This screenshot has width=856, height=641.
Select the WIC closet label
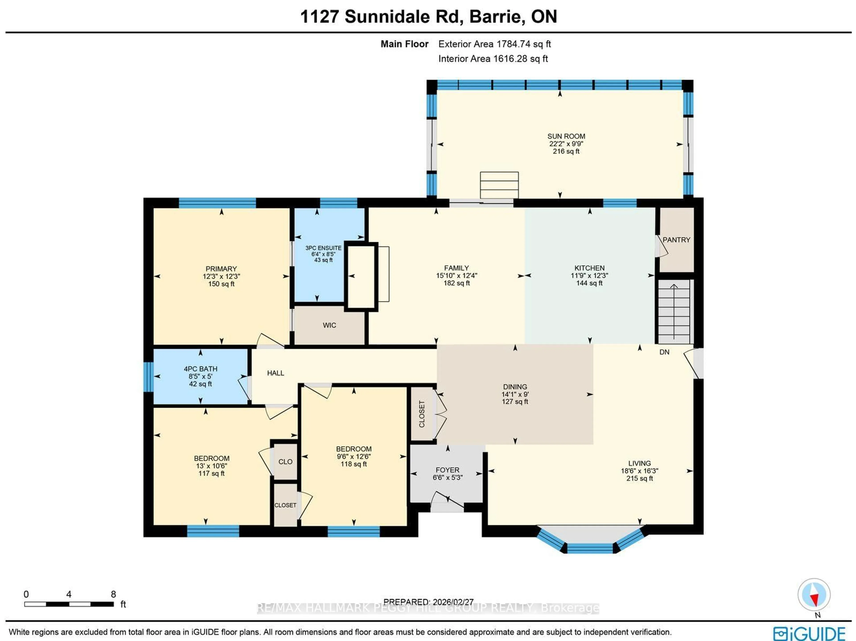pyautogui.click(x=329, y=325)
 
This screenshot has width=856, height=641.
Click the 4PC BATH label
pyautogui.click(x=200, y=369)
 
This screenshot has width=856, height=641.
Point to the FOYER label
pyautogui.click(x=447, y=470)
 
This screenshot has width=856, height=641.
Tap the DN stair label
pyautogui.click(x=664, y=352)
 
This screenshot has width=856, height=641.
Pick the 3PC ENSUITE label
pyautogui.click(x=323, y=248)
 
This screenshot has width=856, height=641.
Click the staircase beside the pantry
pyautogui.click(x=674, y=312)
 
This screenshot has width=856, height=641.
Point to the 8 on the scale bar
pyautogui.click(x=113, y=594)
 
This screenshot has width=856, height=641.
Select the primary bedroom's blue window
pyautogui.click(x=217, y=203)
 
